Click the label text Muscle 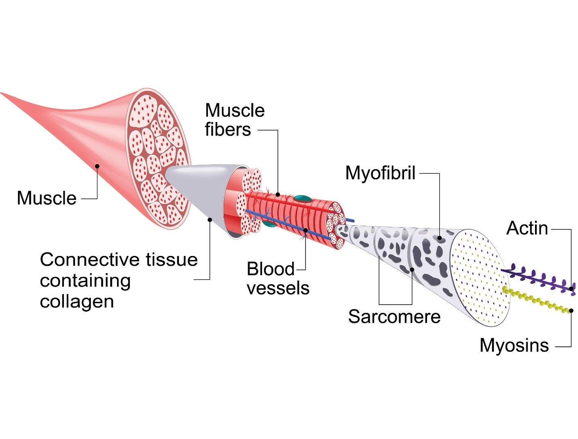47,198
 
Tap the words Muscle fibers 235,120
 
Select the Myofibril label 380,173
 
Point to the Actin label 527,228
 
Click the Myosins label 514,345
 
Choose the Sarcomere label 394,317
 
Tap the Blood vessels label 278,278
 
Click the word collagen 77,301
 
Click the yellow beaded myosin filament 536,301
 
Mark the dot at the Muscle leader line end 97,166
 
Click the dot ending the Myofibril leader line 439,238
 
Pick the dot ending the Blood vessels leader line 305,230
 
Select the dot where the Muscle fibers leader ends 278,195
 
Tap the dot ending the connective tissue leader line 210,219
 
